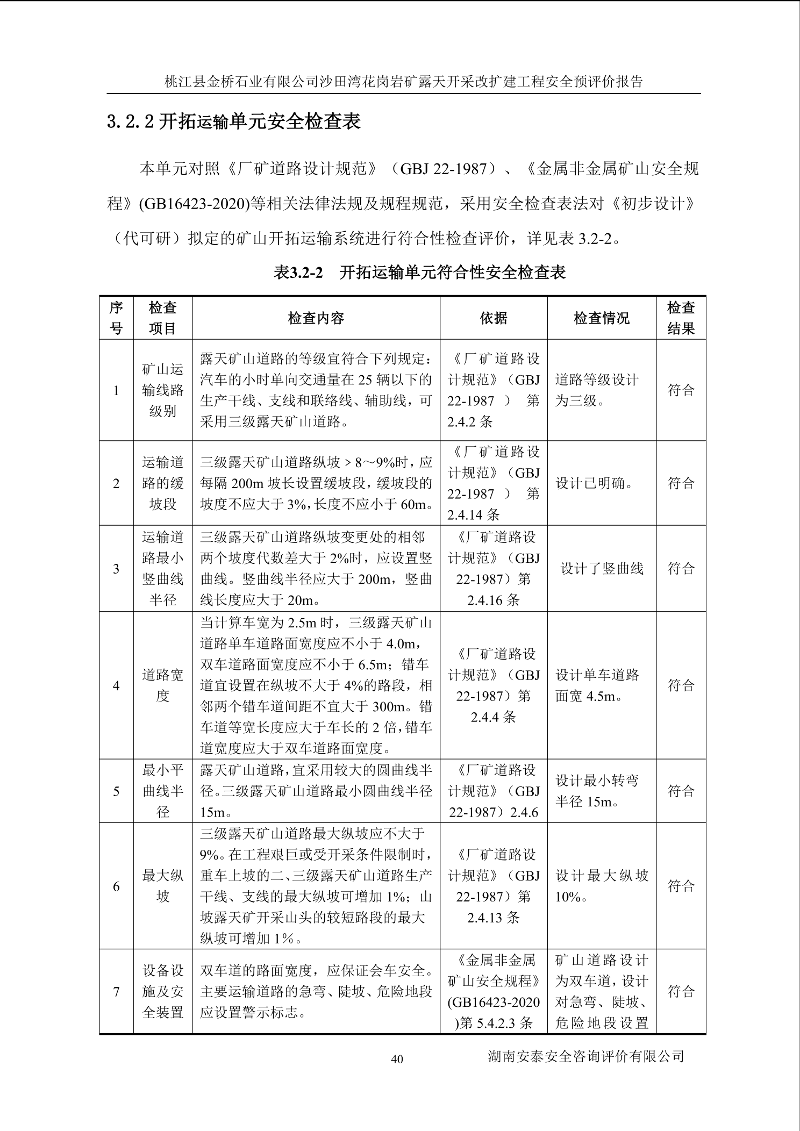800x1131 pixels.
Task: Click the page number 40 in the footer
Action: click(397, 1059)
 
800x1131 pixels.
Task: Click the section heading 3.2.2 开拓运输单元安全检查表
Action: click(233, 121)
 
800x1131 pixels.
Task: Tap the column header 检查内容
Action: click(316, 318)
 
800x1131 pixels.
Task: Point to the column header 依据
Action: click(493, 318)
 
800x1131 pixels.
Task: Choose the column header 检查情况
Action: click(601, 318)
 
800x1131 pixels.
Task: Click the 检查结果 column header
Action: click(681, 318)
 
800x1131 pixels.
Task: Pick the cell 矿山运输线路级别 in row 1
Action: click(162, 390)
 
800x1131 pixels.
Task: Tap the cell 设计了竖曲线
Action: click(602, 569)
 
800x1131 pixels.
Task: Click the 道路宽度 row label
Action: click(162, 685)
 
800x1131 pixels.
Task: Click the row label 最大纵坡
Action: click(162, 886)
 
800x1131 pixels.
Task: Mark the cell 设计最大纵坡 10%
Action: click(601, 886)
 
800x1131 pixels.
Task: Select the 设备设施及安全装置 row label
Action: click(162, 991)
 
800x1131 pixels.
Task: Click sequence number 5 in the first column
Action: click(116, 791)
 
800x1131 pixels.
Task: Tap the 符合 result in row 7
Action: click(681, 991)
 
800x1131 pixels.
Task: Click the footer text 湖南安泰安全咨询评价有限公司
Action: click(585, 1056)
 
